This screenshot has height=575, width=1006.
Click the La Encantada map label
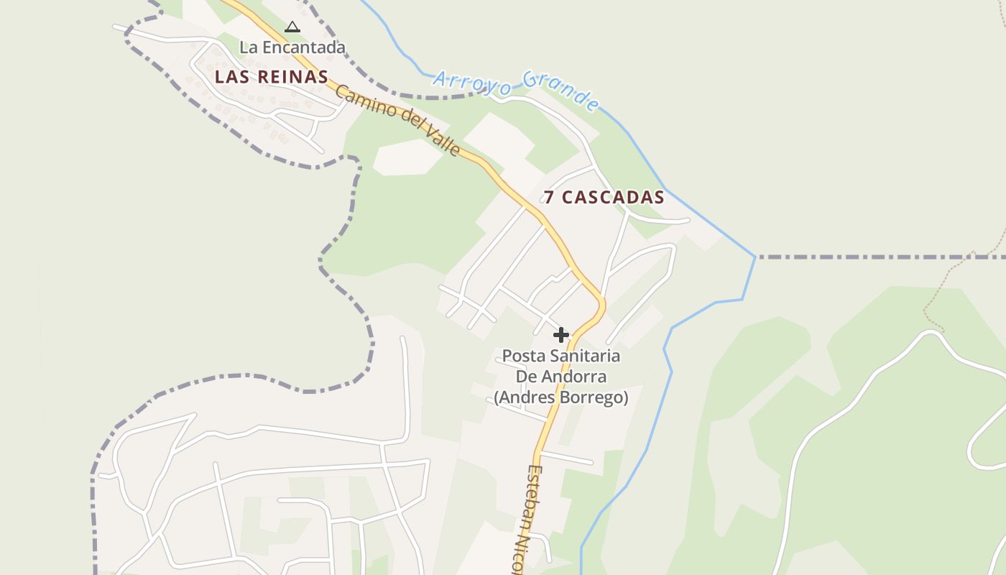[292, 47]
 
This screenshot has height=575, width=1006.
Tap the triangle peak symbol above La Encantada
[292, 27]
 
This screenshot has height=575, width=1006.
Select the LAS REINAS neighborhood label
[272, 77]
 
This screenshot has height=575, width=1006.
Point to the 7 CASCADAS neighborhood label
[604, 197]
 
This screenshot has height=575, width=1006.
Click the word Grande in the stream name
[561, 90]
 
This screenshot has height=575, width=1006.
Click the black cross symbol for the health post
[561, 335]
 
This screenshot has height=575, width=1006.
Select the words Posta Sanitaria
[560, 356]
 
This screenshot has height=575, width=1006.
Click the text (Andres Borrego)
[560, 397]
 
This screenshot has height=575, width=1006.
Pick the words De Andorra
[560, 377]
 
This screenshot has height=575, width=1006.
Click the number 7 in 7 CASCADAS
[549, 197]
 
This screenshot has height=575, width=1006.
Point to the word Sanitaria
[583, 356]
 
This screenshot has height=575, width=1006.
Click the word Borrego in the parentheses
[594, 397]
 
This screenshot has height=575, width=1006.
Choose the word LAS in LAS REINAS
[229, 77]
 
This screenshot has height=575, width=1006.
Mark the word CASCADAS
[613, 197]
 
